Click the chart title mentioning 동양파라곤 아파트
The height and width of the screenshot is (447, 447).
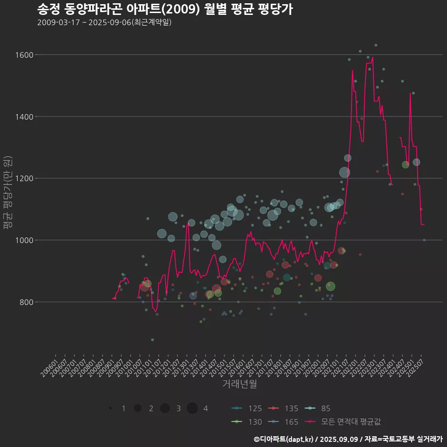pyautogui.click(x=165, y=9)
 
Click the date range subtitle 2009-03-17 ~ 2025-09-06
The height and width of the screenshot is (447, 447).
pyautogui.click(x=104, y=22)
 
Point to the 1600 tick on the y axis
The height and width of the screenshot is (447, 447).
pyautogui.click(x=23, y=55)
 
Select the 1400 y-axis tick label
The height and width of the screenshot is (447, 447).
pyautogui.click(x=23, y=116)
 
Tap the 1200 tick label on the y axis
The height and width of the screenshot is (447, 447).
pyautogui.click(x=23, y=178)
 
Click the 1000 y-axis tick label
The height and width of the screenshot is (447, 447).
pyautogui.click(x=23, y=240)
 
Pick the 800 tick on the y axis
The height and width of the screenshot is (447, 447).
pyautogui.click(x=25, y=302)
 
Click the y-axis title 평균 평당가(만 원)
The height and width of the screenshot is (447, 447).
pyautogui.click(x=8, y=193)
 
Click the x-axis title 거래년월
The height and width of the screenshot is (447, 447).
pyautogui.click(x=239, y=384)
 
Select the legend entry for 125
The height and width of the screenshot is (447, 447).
pyautogui.click(x=247, y=408)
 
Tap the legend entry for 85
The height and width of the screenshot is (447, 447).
pyautogui.click(x=318, y=408)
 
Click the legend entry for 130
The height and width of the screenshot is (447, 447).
pyautogui.click(x=247, y=422)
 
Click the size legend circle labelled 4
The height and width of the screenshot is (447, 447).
pyautogui.click(x=192, y=408)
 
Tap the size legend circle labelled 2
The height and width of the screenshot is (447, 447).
pyautogui.click(x=137, y=408)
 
